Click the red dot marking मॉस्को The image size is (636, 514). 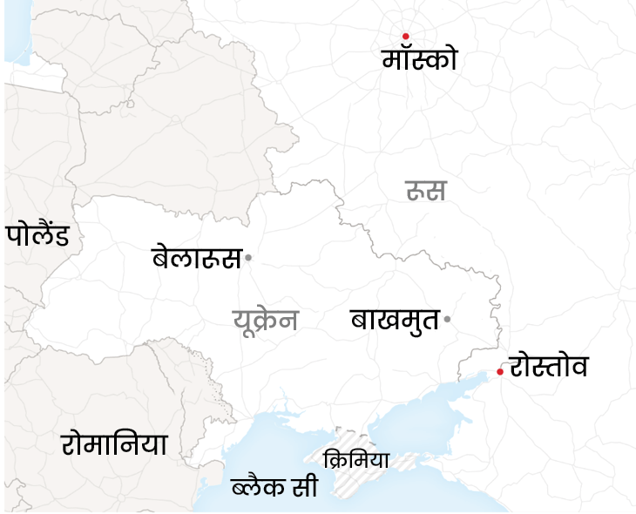pyautogui.click(x=405, y=36)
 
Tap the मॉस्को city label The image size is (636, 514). pyautogui.click(x=419, y=59)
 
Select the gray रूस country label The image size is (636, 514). pyautogui.click(x=425, y=190)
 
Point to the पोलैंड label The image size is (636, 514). pyautogui.click(x=37, y=234)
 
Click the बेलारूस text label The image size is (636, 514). pyautogui.click(x=196, y=258)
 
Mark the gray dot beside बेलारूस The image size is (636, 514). pyautogui.click(x=248, y=258)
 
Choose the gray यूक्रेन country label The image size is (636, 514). pyautogui.click(x=266, y=321)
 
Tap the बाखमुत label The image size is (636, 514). pyautogui.click(x=395, y=319)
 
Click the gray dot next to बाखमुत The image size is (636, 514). pyautogui.click(x=447, y=319)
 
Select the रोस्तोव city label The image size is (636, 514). pyautogui.click(x=549, y=366)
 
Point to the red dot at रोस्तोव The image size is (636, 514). pyautogui.click(x=500, y=372)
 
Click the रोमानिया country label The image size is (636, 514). pyautogui.click(x=114, y=443)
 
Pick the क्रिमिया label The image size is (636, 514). pyautogui.click(x=355, y=459)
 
